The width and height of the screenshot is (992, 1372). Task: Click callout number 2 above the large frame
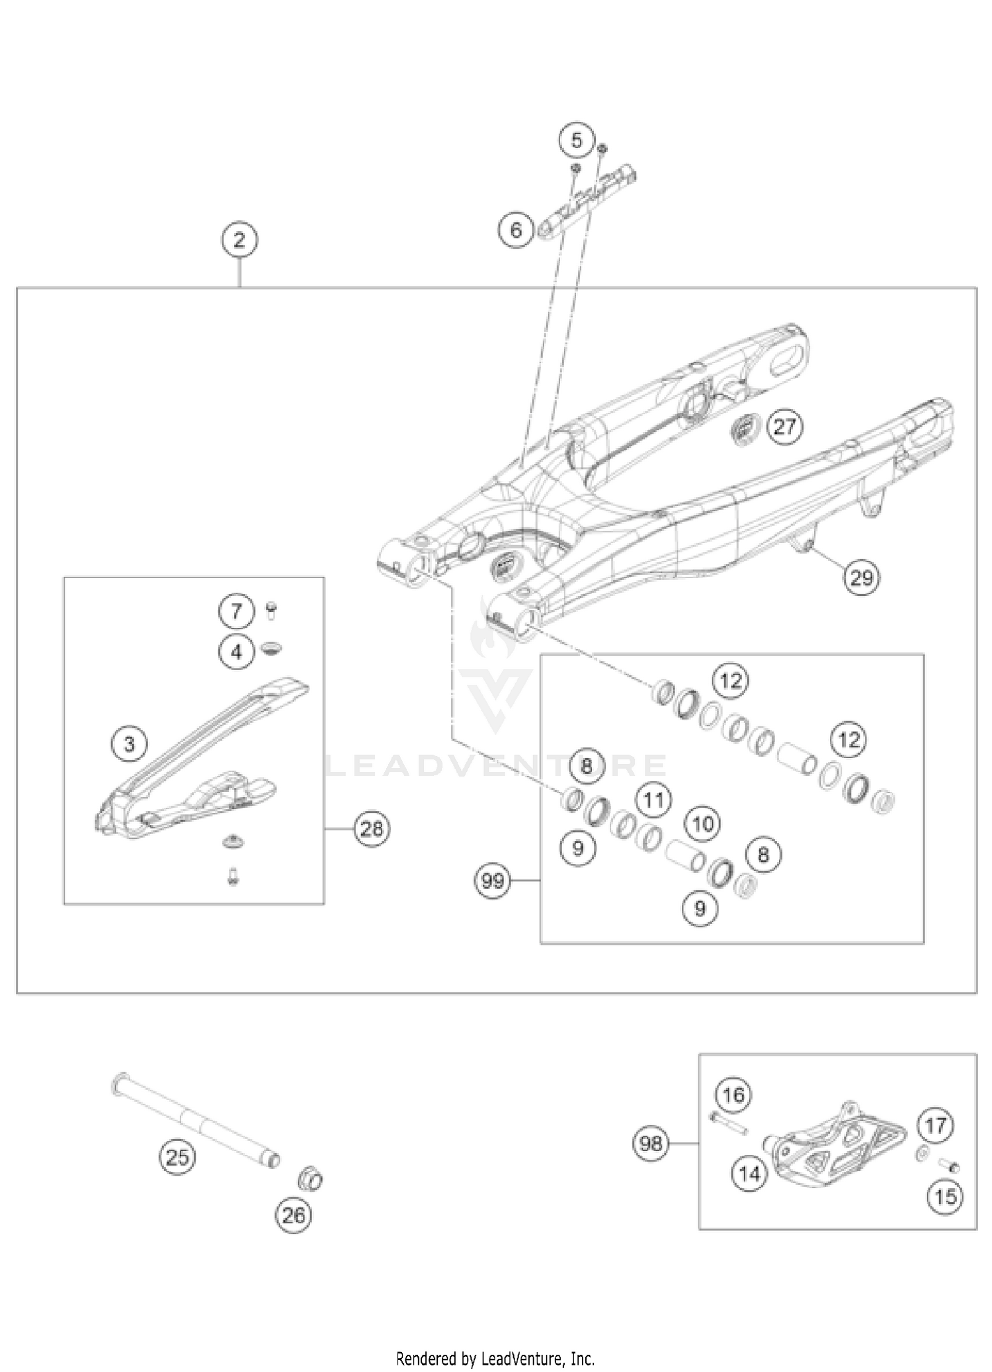click(239, 239)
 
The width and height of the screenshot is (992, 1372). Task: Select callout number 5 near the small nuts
click(577, 140)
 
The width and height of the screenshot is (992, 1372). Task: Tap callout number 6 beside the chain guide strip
click(516, 230)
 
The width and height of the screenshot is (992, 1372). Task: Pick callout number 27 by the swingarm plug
click(784, 427)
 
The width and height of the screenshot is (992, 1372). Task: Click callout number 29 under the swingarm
click(861, 578)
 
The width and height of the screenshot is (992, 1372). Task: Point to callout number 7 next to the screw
click(237, 611)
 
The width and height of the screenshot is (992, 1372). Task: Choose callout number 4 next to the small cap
click(237, 652)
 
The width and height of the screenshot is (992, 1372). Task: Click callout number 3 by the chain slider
click(129, 744)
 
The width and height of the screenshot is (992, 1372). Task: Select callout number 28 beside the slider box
click(372, 828)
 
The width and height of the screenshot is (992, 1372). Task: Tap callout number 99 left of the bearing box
click(493, 880)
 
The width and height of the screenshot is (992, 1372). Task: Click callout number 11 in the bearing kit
click(653, 800)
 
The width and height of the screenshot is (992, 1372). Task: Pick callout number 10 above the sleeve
click(703, 824)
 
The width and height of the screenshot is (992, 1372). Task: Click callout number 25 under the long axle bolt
click(177, 1157)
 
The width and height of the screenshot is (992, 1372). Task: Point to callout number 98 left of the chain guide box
click(651, 1142)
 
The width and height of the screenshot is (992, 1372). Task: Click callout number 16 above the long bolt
click(733, 1095)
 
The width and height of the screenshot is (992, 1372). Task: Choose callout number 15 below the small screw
click(946, 1196)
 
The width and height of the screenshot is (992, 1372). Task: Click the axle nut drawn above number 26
click(310, 1178)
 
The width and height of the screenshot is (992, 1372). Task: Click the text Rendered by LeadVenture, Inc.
click(495, 1340)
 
